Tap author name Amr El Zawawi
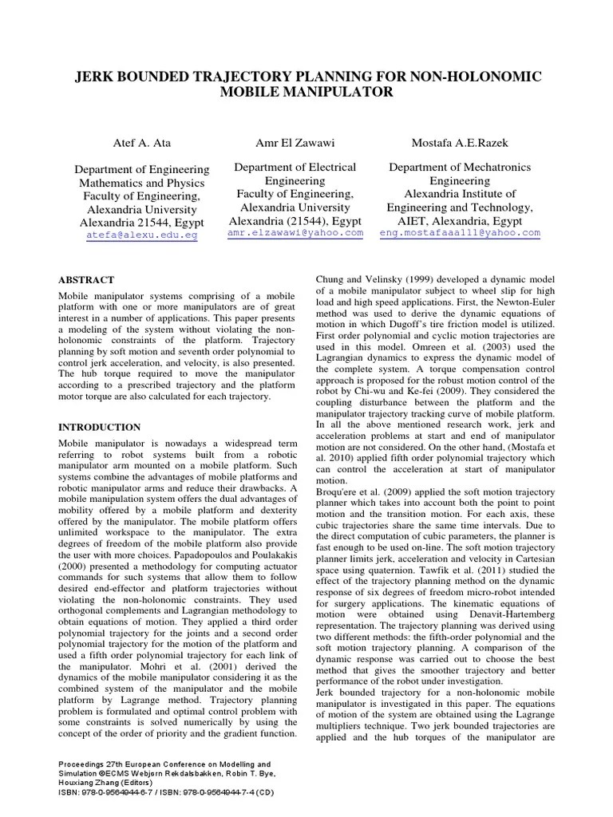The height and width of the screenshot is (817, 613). point(295,144)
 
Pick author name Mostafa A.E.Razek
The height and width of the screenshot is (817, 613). point(459,144)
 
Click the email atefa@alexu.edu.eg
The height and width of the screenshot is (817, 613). point(141,236)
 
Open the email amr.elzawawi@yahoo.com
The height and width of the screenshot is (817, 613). point(295,233)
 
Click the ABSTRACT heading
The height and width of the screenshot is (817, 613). point(87,280)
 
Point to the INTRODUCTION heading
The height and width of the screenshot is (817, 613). point(100,427)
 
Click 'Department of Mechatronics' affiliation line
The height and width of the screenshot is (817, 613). point(459,168)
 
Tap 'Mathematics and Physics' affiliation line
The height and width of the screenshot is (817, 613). point(141,183)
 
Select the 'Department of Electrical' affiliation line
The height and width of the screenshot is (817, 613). point(295,168)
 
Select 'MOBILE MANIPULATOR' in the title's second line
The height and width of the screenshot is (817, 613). point(308,93)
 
